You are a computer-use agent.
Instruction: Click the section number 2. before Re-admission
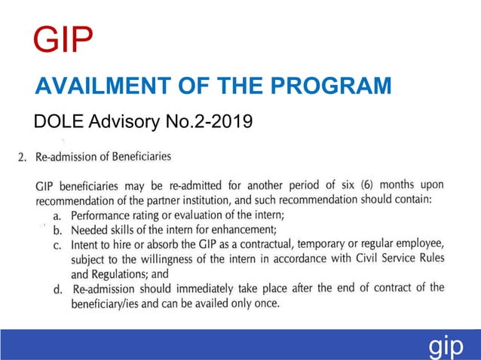[22, 157]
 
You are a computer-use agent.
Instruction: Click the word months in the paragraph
[400, 185]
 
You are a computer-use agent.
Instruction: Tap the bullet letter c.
[57, 246]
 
